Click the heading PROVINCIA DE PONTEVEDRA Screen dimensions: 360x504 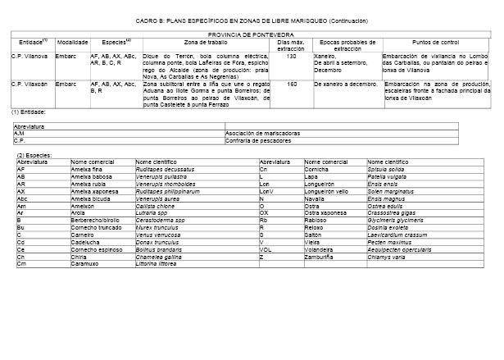coord(252,35)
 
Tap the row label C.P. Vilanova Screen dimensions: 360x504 coord(29,56)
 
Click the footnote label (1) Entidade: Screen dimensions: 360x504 coord(30,111)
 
